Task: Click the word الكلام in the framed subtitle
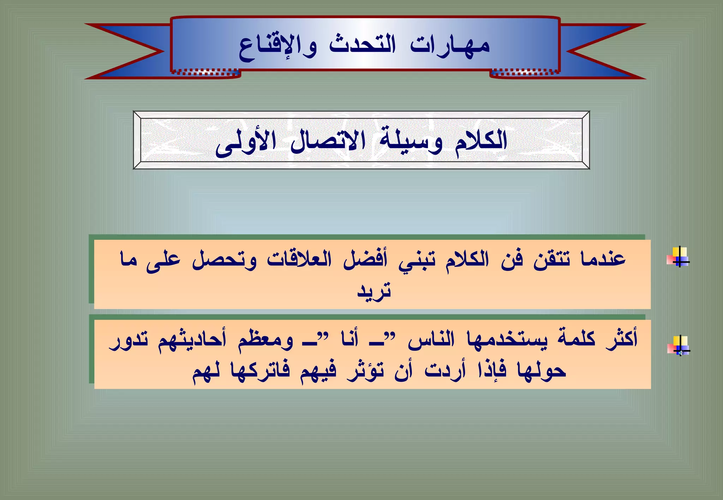click(481, 141)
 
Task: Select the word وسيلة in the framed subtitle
click(411, 141)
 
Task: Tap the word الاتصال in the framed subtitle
click(328, 141)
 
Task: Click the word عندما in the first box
click(603, 259)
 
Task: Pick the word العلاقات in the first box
click(299, 259)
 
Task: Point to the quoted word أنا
click(350, 339)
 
